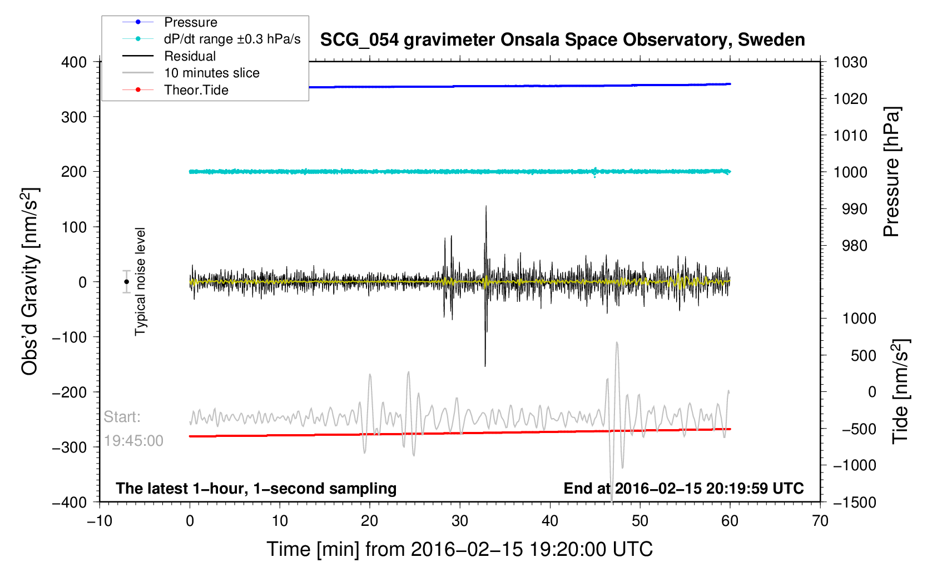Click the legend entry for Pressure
pos(190,22)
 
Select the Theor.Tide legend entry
pos(196,90)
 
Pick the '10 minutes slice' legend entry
pos(211,73)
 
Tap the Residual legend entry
pos(190,56)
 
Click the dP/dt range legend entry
pos(232,39)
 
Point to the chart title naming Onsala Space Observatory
pos(562,40)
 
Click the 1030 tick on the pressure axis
pos(850,62)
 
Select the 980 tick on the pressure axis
pos(850,245)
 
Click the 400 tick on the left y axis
pos(74,62)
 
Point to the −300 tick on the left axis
pos(70,447)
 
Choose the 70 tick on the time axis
pos(820,521)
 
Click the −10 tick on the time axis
pos(100,521)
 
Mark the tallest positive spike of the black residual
pos(486,207)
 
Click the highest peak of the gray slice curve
pos(617,343)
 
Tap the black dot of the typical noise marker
pos(127,282)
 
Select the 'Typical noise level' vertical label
pos(140,281)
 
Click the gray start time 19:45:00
pos(133,441)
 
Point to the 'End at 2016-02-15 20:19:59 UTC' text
pos(683,489)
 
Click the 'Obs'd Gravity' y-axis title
pos(30,281)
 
